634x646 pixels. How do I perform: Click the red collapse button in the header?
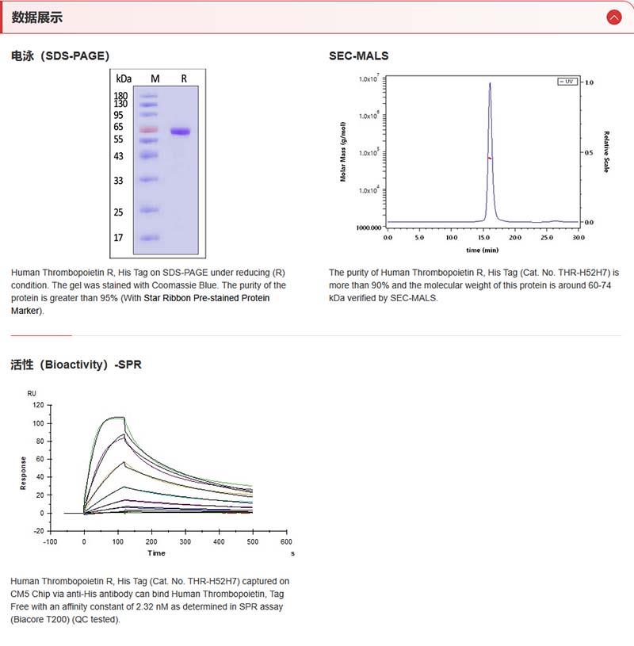point(613,17)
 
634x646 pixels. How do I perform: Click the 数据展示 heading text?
point(36,17)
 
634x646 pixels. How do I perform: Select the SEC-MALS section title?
point(358,55)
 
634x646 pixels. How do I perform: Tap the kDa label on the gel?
point(123,78)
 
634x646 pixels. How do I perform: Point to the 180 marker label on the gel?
point(121,95)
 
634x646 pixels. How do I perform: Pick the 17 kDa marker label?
point(118,237)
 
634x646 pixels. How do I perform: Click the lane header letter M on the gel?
point(155,78)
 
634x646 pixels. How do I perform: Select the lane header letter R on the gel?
point(184,78)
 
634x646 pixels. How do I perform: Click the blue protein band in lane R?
point(181,132)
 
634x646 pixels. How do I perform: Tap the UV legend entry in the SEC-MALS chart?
point(567,82)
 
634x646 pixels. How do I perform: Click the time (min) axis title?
point(482,250)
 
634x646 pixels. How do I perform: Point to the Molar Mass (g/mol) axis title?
point(344,151)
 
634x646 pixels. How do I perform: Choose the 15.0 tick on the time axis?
point(483,237)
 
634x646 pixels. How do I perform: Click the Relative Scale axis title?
point(606,151)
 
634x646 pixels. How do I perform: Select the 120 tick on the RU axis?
point(37,405)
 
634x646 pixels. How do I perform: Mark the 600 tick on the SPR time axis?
point(286,541)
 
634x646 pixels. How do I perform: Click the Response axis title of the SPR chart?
point(24,472)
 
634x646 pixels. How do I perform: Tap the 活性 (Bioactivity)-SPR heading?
point(76,365)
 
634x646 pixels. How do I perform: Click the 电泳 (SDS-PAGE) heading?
point(60,55)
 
